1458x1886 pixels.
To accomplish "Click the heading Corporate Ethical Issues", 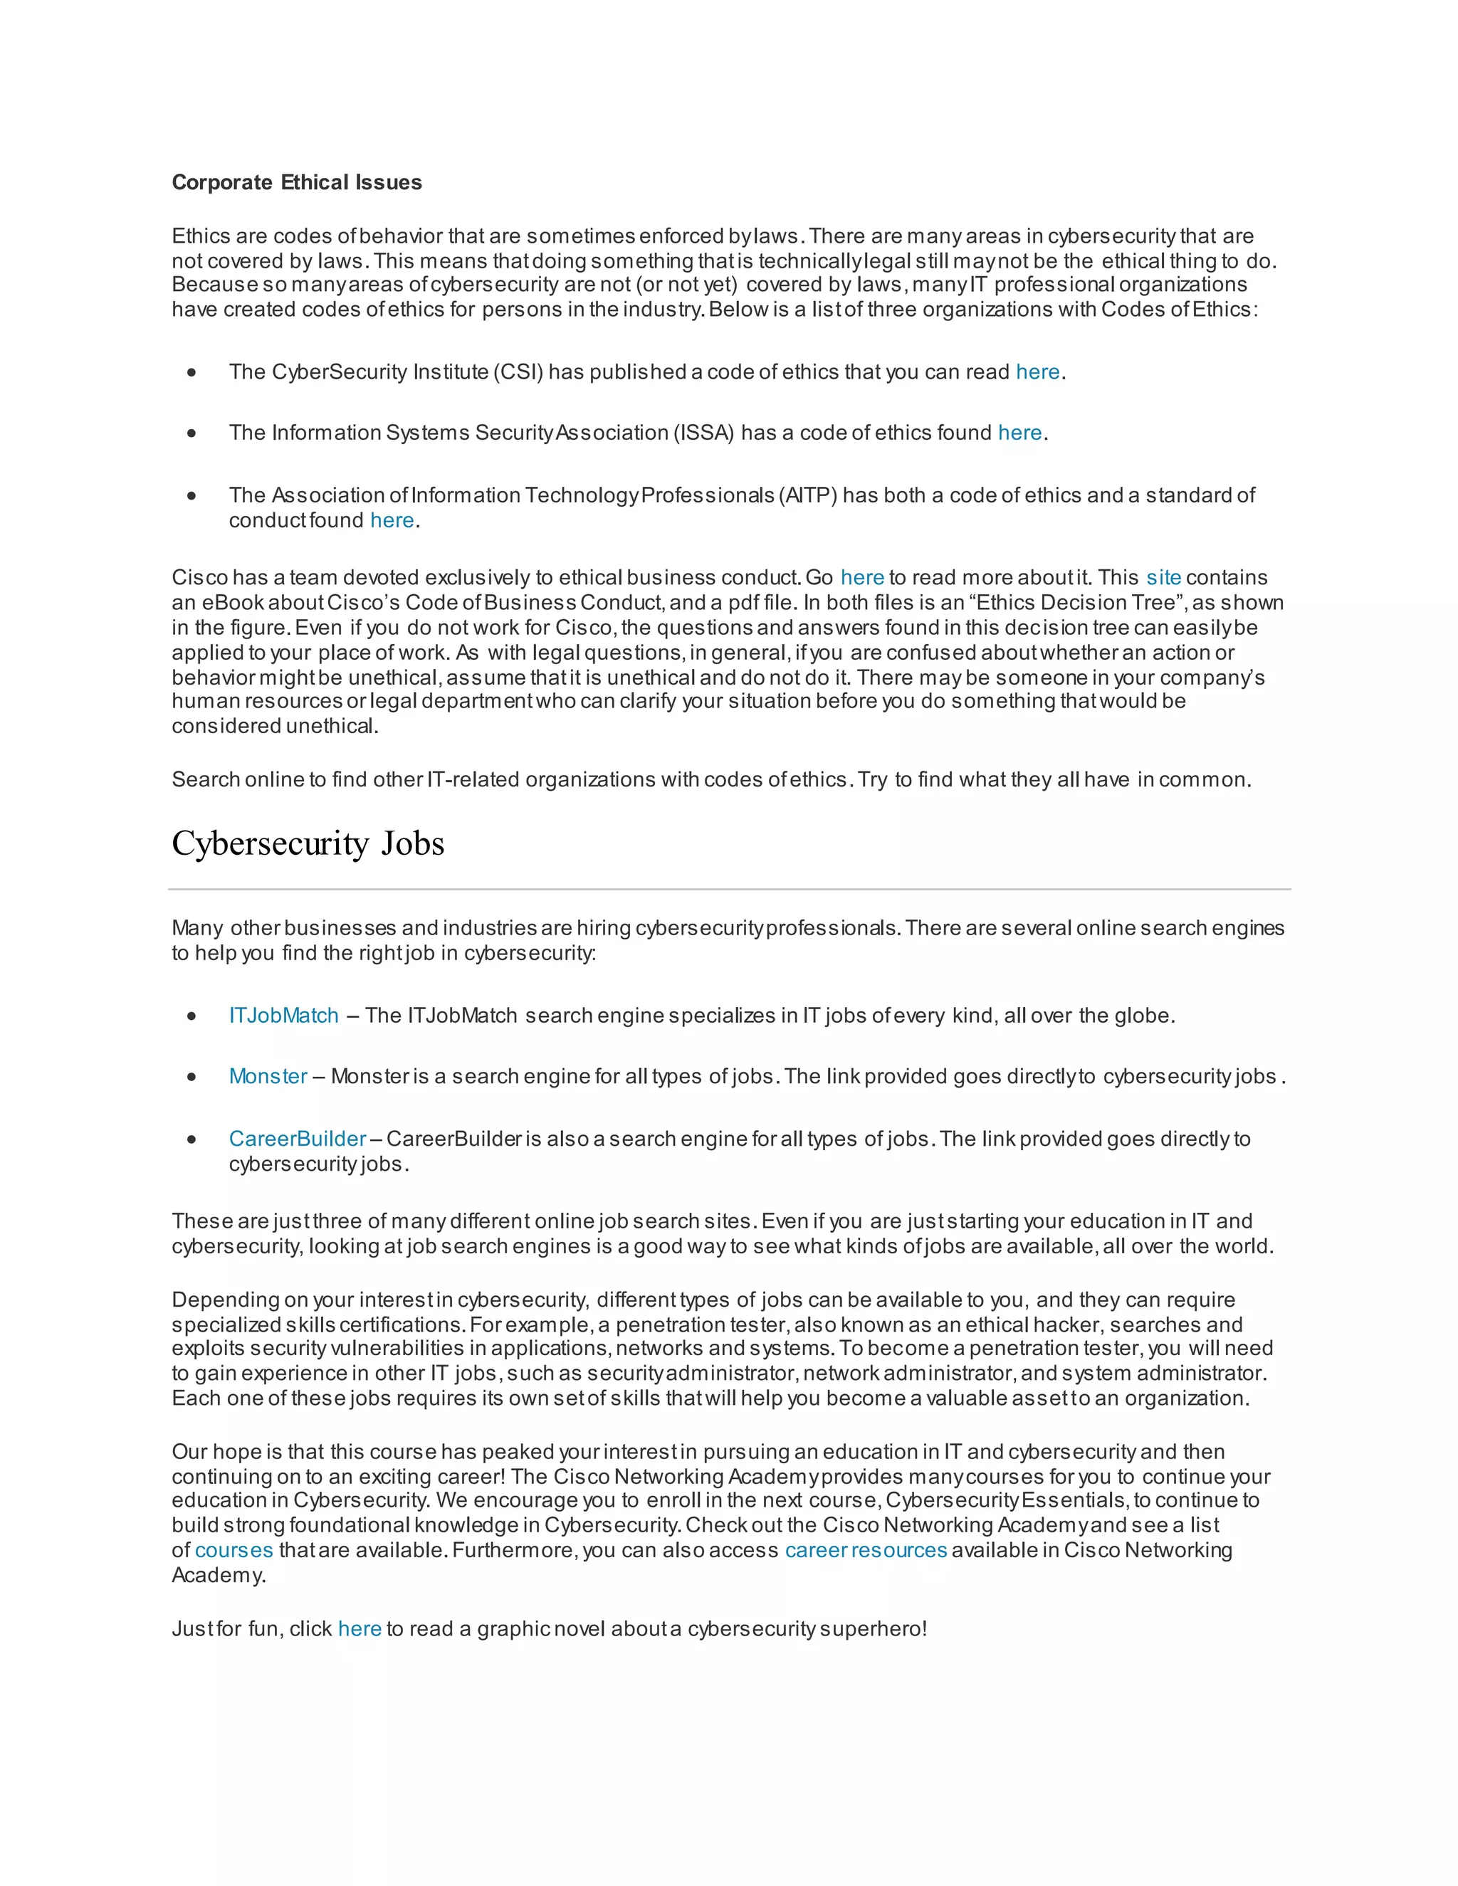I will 296,182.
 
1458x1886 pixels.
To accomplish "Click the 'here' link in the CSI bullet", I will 1037,372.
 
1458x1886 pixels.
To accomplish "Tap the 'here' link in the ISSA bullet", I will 1019,433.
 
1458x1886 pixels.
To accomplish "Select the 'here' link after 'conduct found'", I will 392,521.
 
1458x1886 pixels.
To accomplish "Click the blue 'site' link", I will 1163,578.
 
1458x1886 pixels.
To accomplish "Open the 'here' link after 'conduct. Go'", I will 862,578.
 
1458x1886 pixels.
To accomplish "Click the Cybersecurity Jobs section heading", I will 308,843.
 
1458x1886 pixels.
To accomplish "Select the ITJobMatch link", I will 283,1016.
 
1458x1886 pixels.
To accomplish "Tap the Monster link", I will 268,1077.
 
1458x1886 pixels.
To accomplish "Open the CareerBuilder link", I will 297,1139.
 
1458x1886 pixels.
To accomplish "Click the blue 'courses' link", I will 234,1550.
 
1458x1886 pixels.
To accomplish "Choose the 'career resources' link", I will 866,1550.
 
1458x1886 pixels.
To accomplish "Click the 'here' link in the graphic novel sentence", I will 360,1628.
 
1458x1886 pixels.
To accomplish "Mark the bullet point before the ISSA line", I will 192,433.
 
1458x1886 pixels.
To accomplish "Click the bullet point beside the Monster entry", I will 192,1078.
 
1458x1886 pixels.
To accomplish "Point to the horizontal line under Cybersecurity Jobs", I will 729,889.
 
